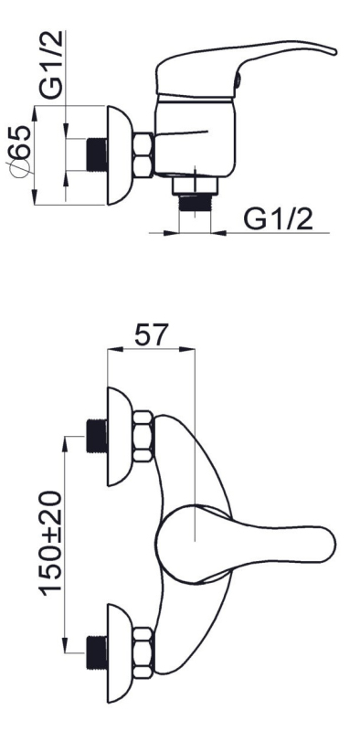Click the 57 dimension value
[x=150, y=334]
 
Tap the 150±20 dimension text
[x=51, y=543]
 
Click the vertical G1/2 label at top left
[x=50, y=64]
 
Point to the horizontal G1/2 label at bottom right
[x=279, y=218]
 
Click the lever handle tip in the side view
[x=332, y=50]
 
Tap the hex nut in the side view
[x=143, y=154]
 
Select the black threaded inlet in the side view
[x=97, y=154]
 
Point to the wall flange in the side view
[x=120, y=155]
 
